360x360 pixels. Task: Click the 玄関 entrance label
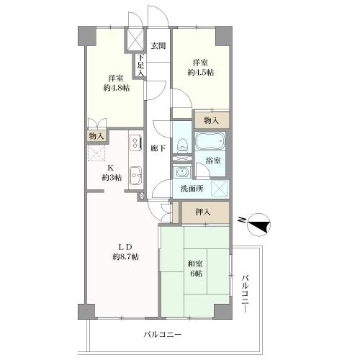(x=158, y=46)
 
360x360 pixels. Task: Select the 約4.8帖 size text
(x=114, y=88)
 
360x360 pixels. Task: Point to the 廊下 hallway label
(x=158, y=148)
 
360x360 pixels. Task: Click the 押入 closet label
(x=204, y=212)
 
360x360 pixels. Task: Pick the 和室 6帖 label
(x=195, y=268)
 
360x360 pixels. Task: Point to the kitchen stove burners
(x=135, y=143)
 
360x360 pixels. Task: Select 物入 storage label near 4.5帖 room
(x=212, y=120)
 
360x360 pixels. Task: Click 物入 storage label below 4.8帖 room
(x=96, y=136)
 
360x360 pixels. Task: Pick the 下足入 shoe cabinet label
(x=142, y=66)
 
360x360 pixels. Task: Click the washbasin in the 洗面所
(x=181, y=172)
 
